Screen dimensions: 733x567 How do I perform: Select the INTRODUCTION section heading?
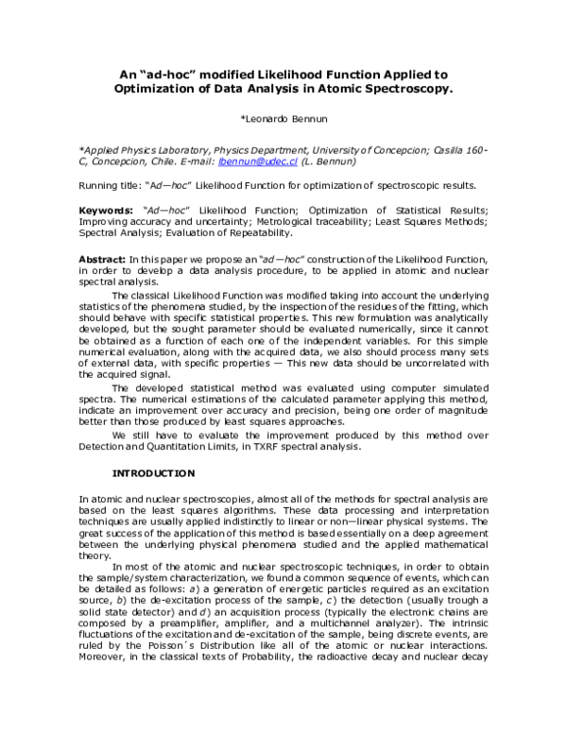(x=153, y=471)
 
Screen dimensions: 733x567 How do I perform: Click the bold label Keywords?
(x=104, y=208)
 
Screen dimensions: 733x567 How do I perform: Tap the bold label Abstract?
(x=101, y=259)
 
